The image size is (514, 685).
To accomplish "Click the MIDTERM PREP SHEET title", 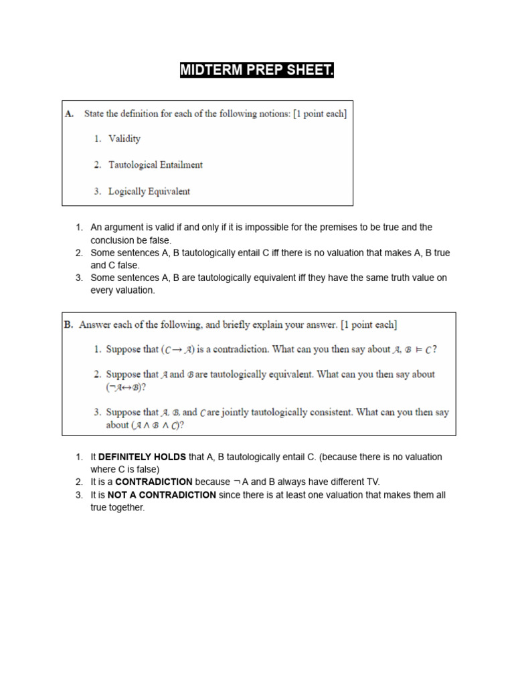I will click(x=257, y=70).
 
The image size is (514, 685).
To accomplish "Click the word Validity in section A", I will click(x=124, y=139).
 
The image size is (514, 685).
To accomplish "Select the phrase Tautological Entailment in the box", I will click(x=156, y=165).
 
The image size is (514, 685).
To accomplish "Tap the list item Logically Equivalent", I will click(x=149, y=191).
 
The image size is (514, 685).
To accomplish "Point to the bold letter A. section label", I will click(x=70, y=114).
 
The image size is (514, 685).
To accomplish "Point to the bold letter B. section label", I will click(x=69, y=325).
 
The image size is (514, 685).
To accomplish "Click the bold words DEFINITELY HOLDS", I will click(x=142, y=457).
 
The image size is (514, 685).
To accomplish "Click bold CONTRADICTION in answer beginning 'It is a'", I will click(x=154, y=482).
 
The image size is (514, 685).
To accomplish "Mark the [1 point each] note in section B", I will click(x=369, y=325).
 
